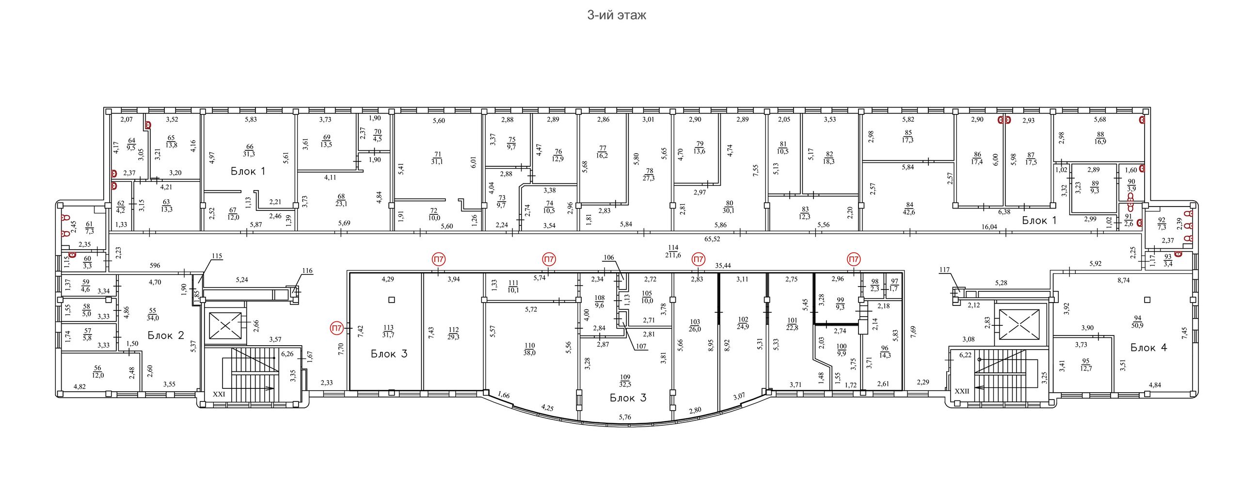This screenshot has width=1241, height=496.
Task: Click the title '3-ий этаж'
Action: click(x=617, y=15)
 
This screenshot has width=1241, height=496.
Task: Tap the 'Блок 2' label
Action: click(x=166, y=336)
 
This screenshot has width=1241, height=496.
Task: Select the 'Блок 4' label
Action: click(x=1149, y=348)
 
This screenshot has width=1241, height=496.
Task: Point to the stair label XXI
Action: click(x=219, y=394)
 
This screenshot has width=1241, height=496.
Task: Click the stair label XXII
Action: click(x=962, y=391)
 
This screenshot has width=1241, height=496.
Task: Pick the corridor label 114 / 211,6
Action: click(x=673, y=251)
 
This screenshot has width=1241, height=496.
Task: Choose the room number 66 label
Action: click(x=250, y=147)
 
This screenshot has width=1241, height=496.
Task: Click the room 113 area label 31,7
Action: click(x=388, y=335)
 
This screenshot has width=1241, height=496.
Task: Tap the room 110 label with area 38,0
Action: click(x=529, y=349)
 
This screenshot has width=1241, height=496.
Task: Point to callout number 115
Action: click(x=217, y=256)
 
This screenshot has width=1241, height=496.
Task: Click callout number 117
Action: click(x=944, y=270)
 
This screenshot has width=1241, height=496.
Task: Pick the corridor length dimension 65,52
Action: click(x=713, y=239)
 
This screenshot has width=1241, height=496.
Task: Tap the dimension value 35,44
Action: click(x=723, y=266)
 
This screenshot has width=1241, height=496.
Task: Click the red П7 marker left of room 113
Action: click(x=336, y=328)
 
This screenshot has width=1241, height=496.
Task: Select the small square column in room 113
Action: click(x=392, y=300)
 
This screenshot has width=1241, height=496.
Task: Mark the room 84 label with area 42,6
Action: click(x=909, y=208)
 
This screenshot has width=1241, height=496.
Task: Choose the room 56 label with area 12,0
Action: click(x=98, y=372)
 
